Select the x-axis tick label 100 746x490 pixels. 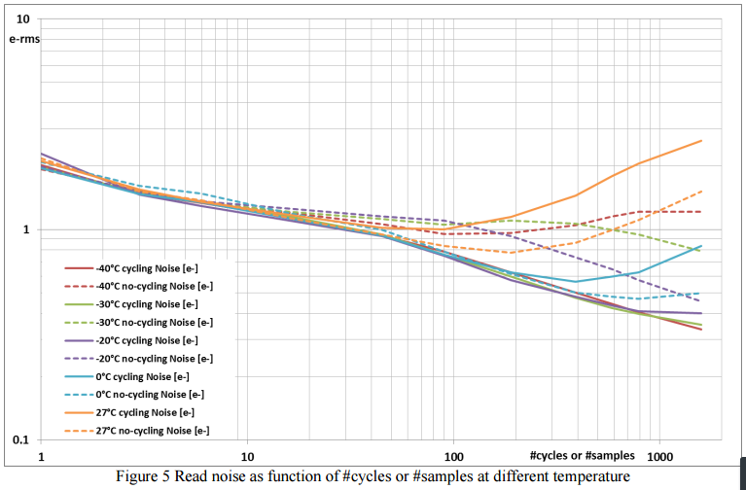coord(453,457)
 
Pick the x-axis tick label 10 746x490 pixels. coord(247,457)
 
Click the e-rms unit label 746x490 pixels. coord(22,38)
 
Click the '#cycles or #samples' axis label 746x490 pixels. coord(583,454)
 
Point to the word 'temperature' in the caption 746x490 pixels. coord(591,475)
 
